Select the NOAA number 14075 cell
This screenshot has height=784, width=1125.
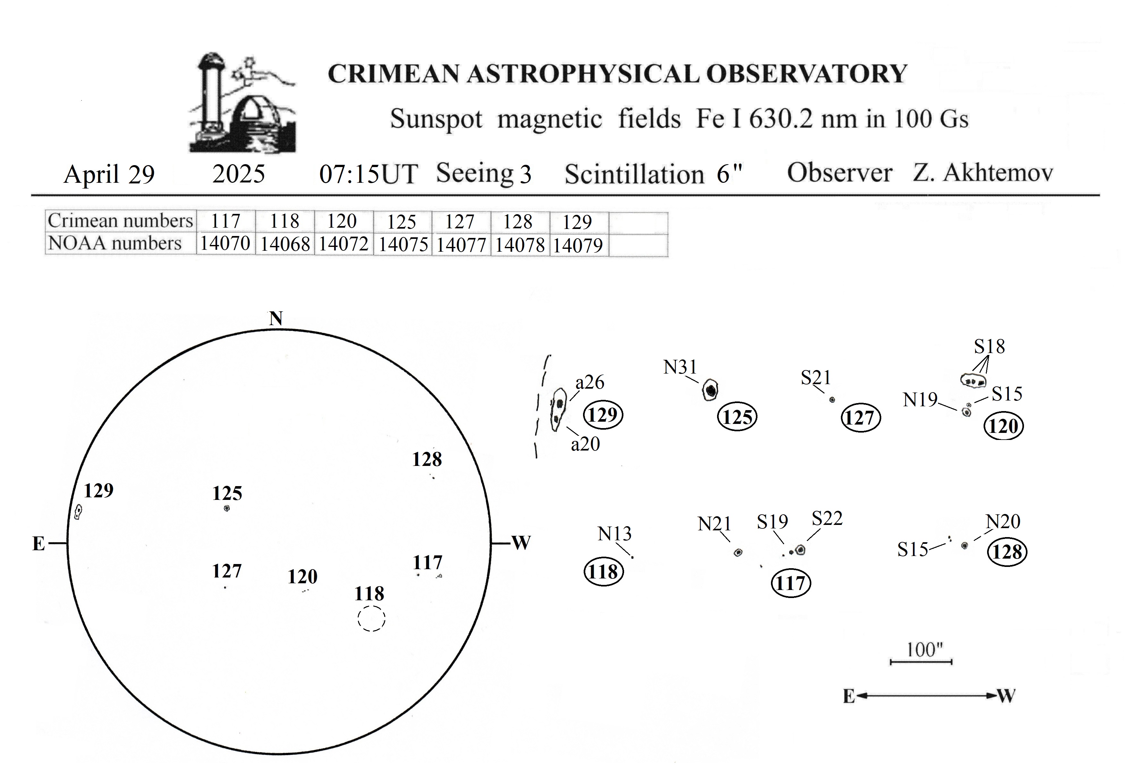[x=403, y=245]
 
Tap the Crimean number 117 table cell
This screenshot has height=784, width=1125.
[x=226, y=222]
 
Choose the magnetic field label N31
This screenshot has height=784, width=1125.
[x=680, y=367]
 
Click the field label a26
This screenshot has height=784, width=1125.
[x=590, y=382]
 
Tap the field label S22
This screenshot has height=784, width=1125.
[x=827, y=518]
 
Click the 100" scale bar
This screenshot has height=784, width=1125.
[x=921, y=662]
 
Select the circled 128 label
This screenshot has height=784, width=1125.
[x=1007, y=552]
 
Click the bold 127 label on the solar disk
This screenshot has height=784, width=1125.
[x=227, y=571]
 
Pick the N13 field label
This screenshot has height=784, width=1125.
[x=614, y=534]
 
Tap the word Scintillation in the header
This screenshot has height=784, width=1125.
[x=635, y=174]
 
